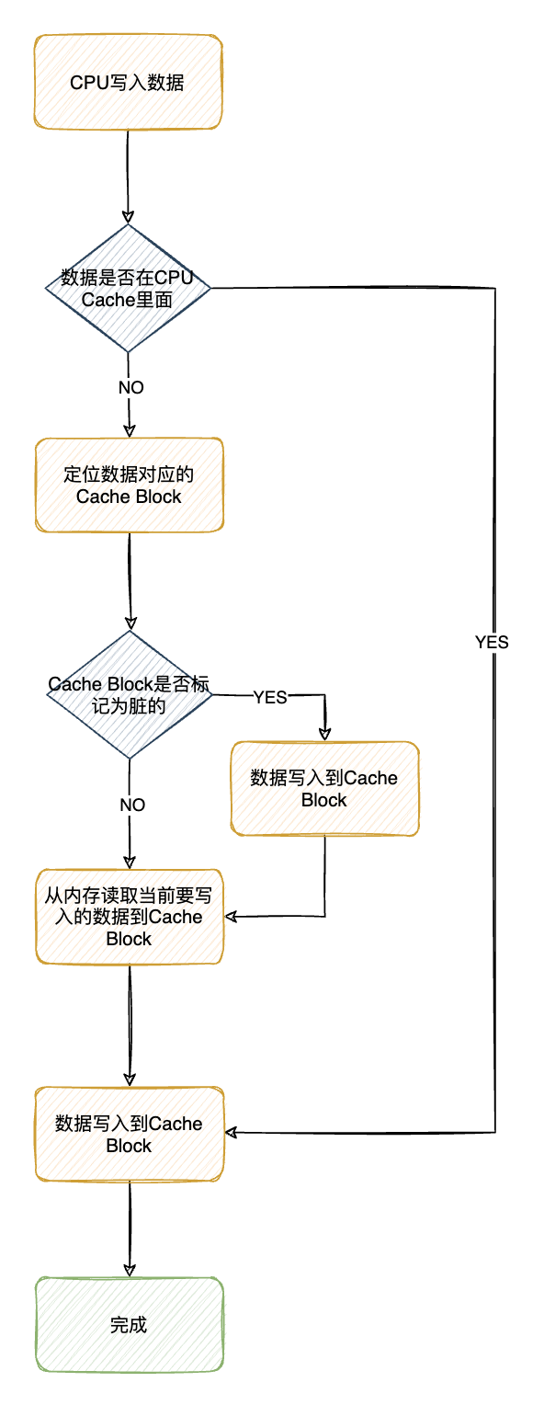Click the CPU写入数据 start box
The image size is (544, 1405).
[128, 83]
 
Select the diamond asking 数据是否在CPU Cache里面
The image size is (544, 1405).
[128, 288]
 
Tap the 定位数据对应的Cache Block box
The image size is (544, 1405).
[129, 485]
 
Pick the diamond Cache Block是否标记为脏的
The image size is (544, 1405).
[129, 695]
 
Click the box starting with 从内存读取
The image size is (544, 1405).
[129, 916]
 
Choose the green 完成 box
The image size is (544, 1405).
[129, 1325]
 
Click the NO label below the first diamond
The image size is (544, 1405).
[131, 387]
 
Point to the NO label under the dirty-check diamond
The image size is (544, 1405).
[132, 805]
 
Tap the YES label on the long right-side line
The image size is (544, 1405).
[493, 643]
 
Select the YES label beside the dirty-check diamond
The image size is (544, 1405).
[270, 697]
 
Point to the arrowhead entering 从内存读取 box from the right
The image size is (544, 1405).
[232, 916]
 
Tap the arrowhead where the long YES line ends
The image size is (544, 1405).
[232, 1132]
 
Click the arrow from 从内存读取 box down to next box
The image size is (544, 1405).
[129, 1025]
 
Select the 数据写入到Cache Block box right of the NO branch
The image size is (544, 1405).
[324, 789]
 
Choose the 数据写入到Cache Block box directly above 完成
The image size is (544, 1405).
[129, 1135]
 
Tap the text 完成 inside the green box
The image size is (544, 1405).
[129, 1325]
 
